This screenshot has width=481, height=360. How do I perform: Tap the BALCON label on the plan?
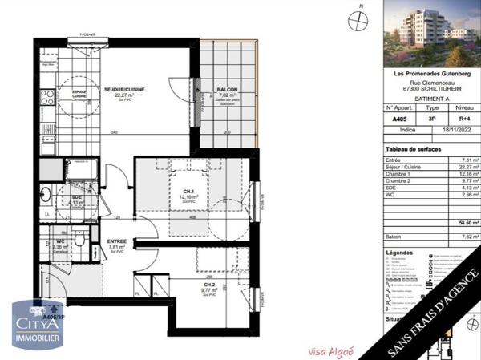[227, 90]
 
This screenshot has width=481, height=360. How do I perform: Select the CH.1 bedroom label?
[188, 191]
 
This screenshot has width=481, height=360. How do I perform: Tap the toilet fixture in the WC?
[79, 239]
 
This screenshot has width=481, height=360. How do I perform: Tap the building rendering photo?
[431, 34]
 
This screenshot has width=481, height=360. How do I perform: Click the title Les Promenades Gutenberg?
[430, 74]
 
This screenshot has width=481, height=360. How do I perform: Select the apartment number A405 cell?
[399, 119]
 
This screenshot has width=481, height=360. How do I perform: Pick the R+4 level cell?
[463, 119]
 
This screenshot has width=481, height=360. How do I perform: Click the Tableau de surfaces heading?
[414, 149]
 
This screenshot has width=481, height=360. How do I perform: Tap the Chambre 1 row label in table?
[398, 174]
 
